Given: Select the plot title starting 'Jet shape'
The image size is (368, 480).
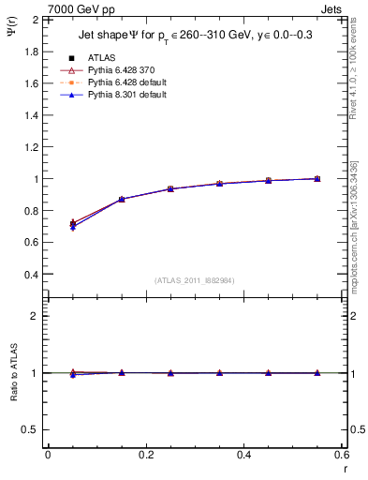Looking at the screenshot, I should (195, 37).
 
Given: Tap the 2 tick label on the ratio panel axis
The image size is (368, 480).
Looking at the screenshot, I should (36, 316).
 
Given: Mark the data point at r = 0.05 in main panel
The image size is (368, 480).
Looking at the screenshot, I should (73, 224).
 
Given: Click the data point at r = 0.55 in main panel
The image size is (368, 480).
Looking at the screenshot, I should (316, 178).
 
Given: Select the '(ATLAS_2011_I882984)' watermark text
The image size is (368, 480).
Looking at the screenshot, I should (195, 281).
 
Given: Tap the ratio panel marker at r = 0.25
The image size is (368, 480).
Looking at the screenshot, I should (170, 373).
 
